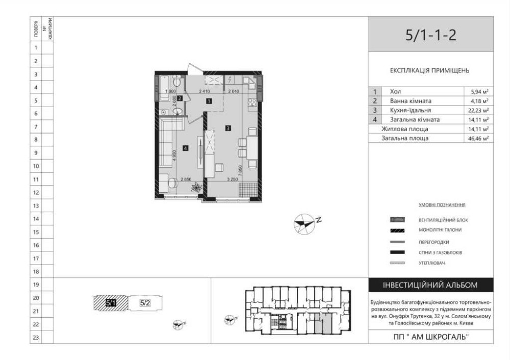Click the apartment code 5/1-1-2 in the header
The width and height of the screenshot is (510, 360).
coord(430,35)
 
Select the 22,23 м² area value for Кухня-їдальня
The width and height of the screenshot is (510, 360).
coord(479,110)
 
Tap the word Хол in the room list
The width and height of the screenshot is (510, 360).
coord(395,92)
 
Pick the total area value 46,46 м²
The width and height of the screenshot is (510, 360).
coord(479,138)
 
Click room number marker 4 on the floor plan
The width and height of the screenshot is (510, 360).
coord(186,148)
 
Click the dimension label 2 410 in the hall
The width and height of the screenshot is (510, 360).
coord(204,92)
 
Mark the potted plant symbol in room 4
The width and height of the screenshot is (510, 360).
coord(196,188)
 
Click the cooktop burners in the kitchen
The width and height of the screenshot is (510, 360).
coord(251,103)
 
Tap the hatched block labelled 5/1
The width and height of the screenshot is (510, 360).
coord(111,303)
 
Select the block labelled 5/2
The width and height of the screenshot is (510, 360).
coord(145,303)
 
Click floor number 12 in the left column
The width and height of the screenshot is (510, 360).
coord(36,193)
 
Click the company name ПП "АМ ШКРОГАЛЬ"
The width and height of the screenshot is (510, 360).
coord(431,337)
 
